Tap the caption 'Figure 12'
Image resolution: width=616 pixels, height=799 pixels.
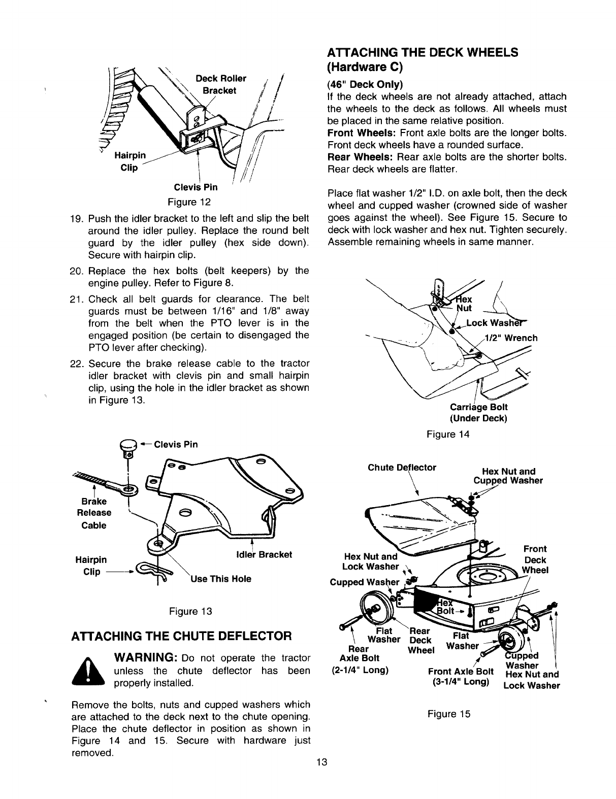click(189, 202)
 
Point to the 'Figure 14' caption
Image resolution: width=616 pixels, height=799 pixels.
click(448, 434)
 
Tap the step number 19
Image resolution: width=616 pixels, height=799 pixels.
click(76, 218)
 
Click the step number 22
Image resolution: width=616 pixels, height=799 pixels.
click(76, 363)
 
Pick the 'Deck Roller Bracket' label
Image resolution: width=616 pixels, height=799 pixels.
click(221, 84)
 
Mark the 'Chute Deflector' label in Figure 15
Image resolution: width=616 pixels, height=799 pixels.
click(402, 467)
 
